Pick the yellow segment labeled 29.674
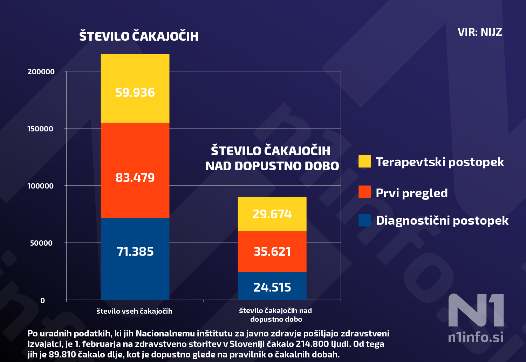tap(272, 214)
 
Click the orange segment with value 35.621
tap(272, 252)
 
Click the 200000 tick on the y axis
tap(41, 72)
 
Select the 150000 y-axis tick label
tap(41, 129)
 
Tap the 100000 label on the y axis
tap(41, 186)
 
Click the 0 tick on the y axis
tap(43, 301)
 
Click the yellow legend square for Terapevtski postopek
tap(364, 161)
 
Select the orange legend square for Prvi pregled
tap(364, 192)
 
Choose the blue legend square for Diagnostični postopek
tap(364, 220)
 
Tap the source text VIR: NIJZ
tap(480, 32)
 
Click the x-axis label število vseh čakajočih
tap(135, 311)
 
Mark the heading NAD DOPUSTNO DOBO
tap(272, 166)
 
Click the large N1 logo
tap(476, 310)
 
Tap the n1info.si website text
tap(476, 337)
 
